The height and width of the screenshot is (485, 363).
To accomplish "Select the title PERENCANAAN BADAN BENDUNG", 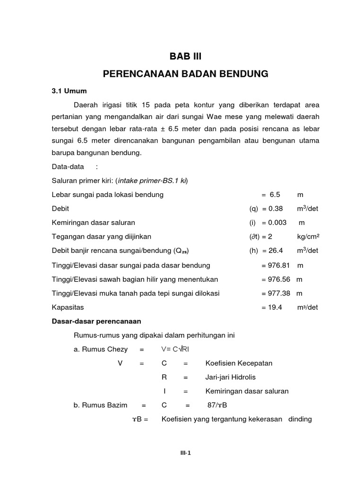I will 185,74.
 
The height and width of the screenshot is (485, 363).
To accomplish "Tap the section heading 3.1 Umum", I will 69,90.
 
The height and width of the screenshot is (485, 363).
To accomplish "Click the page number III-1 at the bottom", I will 185,452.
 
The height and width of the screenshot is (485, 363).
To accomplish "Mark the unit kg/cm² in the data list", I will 308,237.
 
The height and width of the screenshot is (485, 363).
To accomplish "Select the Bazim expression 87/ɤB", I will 218,405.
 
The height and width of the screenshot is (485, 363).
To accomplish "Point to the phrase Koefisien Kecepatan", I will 239,363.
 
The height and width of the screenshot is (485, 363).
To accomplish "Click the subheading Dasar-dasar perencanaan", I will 93,322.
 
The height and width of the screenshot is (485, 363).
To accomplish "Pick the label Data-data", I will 68,167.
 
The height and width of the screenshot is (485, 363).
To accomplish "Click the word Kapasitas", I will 68,307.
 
